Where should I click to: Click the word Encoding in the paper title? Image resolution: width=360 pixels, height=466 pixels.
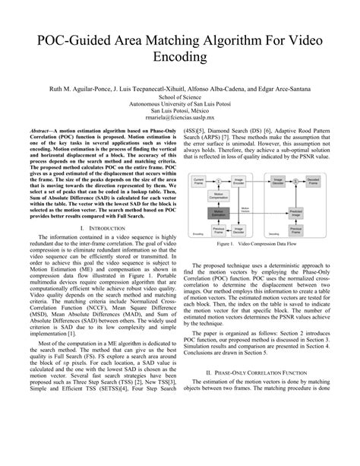pyautogui.click(x=179, y=56)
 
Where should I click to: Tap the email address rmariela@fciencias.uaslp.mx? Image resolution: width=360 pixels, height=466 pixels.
pyautogui.click(x=179, y=118)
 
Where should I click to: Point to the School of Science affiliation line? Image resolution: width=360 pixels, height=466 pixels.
pyautogui.click(x=179, y=97)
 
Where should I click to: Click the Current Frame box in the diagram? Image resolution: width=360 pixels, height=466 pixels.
pyautogui.click(x=198, y=181)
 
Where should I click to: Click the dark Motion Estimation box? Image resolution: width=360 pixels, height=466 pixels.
pyautogui.click(x=218, y=214)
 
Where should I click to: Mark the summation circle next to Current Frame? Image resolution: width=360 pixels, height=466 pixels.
pyautogui.click(x=219, y=181)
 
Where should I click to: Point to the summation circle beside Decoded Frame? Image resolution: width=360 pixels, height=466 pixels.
pyautogui.click(x=295, y=181)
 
